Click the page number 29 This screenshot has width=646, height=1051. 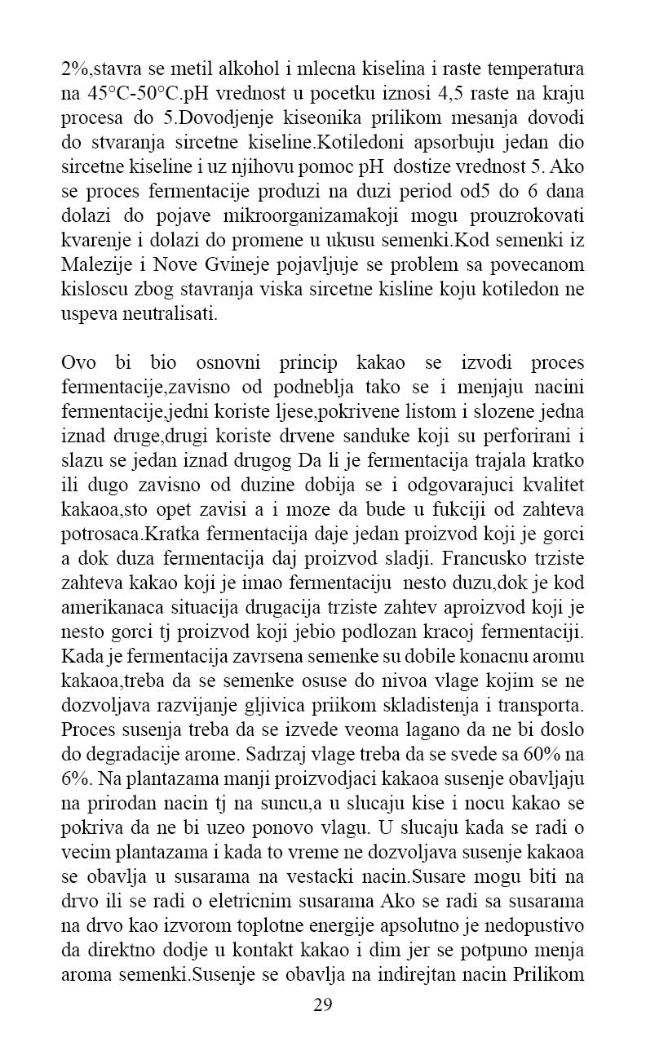(x=322, y=1004)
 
